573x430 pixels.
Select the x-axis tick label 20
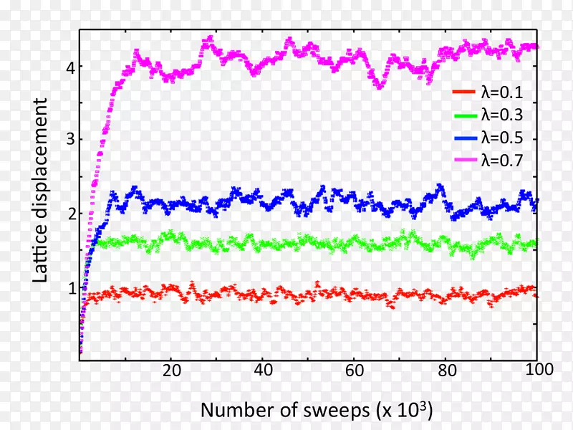pyautogui.click(x=170, y=371)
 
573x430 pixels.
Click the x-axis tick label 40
pyautogui.click(x=262, y=371)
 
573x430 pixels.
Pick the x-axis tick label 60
pyautogui.click(x=354, y=371)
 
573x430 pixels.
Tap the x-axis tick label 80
pyautogui.click(x=446, y=371)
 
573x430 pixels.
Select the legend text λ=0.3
pyautogui.click(x=501, y=115)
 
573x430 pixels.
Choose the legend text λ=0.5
pyautogui.click(x=501, y=138)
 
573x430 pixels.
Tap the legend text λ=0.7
pyautogui.click(x=501, y=161)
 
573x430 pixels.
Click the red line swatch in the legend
pyautogui.click(x=463, y=92)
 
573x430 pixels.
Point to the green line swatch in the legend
pyautogui.click(x=463, y=115)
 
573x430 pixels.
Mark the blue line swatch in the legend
pyautogui.click(x=463, y=138)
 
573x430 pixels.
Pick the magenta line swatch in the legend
pyautogui.click(x=463, y=161)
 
